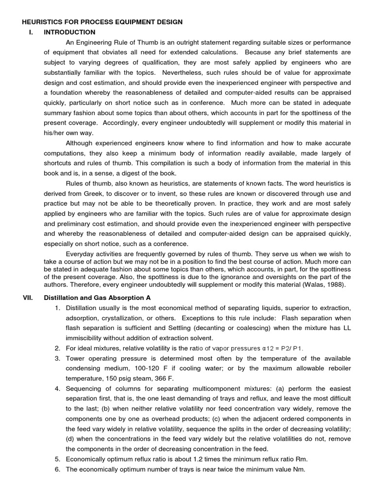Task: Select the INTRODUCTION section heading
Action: coord(69,32)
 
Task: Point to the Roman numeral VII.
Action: coord(28,298)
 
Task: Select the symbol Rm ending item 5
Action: coord(301,459)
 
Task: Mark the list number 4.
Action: coord(57,388)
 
